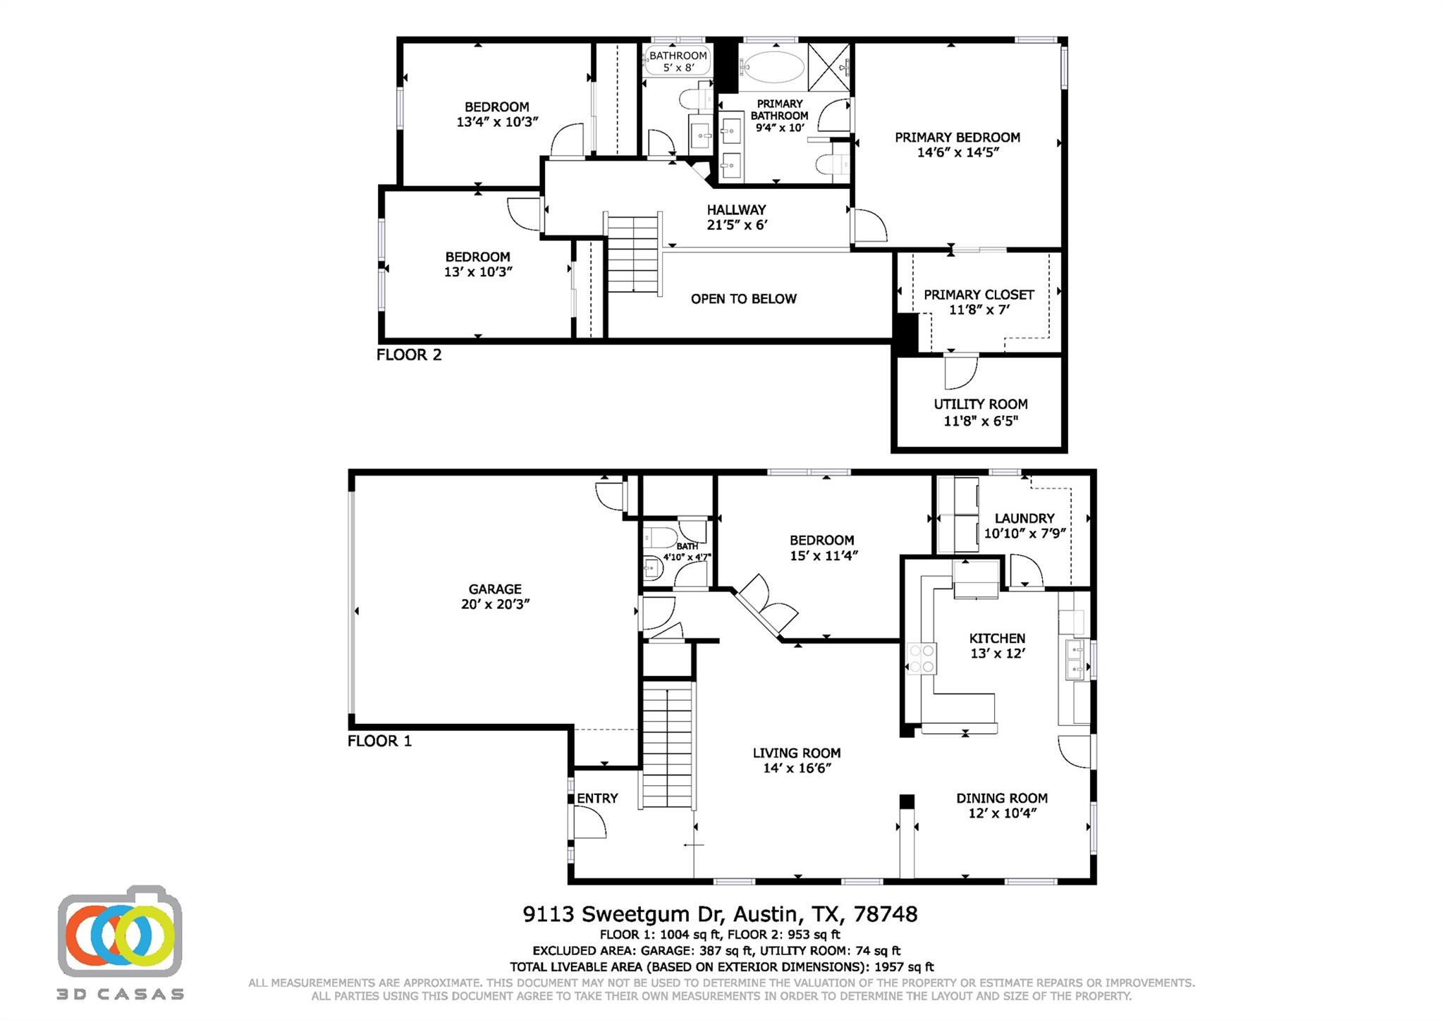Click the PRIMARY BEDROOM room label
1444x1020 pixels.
point(957,145)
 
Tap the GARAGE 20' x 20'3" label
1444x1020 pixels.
point(495,596)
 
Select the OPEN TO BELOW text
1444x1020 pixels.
point(743,299)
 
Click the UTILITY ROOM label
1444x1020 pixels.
point(980,412)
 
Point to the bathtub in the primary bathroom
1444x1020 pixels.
point(773,68)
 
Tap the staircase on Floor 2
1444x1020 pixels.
point(633,254)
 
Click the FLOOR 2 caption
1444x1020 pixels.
point(409,355)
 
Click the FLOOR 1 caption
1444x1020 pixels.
point(379,741)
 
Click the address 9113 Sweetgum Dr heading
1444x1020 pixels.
point(719,914)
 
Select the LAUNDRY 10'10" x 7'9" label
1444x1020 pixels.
point(1024,526)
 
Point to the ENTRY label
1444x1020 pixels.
point(597,798)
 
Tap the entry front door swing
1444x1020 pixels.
point(589,823)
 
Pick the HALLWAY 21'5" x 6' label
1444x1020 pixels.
point(736,217)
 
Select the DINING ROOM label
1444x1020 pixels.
point(1001,806)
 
